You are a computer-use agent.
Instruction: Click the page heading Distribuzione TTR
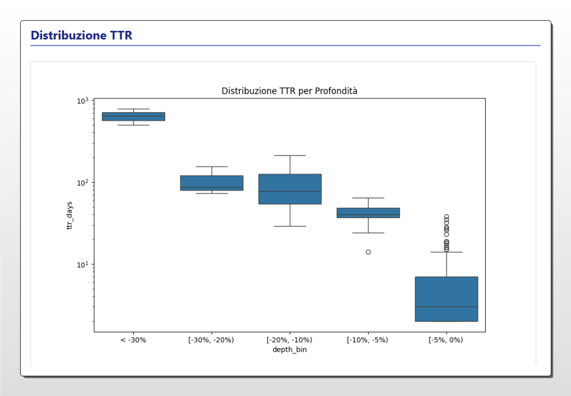(81, 35)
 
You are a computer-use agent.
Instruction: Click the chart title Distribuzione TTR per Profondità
(289, 90)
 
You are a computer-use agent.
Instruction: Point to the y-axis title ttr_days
(70, 216)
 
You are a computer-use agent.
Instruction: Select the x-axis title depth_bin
(289, 349)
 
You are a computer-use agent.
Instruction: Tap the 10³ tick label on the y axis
(82, 101)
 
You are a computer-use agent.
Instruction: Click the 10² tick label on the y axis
(82, 183)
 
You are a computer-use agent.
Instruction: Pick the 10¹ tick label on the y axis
(82, 264)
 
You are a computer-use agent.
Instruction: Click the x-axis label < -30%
(133, 340)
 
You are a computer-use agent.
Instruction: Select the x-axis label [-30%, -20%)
(211, 340)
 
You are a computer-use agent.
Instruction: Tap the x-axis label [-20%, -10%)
(289, 340)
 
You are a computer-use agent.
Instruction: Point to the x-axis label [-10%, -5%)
(368, 340)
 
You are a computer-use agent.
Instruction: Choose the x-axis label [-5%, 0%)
(446, 340)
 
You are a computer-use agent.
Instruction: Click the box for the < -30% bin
(133, 116)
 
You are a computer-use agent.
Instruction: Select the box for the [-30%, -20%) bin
(211, 183)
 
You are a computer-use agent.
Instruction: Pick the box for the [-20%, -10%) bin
(289, 189)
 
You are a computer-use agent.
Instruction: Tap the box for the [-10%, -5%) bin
(368, 212)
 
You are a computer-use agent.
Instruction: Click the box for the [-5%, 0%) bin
(446, 299)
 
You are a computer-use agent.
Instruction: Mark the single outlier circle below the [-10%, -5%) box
(368, 252)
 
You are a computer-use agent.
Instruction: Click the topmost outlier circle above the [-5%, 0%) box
(446, 217)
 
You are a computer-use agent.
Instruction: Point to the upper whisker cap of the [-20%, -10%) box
(289, 155)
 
